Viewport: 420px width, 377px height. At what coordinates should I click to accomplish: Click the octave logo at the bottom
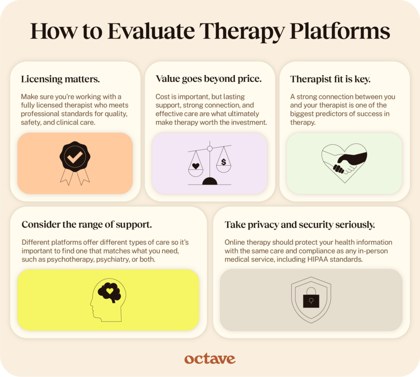(x=209, y=359)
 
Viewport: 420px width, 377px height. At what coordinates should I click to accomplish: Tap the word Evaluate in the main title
(x=151, y=31)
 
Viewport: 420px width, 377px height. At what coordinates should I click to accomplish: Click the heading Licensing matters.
(x=60, y=79)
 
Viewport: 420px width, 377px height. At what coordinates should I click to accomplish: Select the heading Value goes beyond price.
(x=208, y=79)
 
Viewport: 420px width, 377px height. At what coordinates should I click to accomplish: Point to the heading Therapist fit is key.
(x=330, y=79)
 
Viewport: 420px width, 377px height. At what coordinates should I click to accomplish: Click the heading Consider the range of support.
(x=87, y=225)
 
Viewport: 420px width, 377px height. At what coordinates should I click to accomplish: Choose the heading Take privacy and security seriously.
(x=300, y=225)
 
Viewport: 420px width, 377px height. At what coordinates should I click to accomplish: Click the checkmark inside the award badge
(x=75, y=158)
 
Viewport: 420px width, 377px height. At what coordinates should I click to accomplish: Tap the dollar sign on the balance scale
(x=224, y=162)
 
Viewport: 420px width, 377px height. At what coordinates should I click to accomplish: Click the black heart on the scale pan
(x=196, y=166)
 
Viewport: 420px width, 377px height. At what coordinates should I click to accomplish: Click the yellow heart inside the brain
(x=110, y=291)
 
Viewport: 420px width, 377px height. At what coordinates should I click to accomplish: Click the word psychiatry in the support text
(x=113, y=260)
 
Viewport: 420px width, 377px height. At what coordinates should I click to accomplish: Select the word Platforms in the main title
(x=340, y=31)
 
